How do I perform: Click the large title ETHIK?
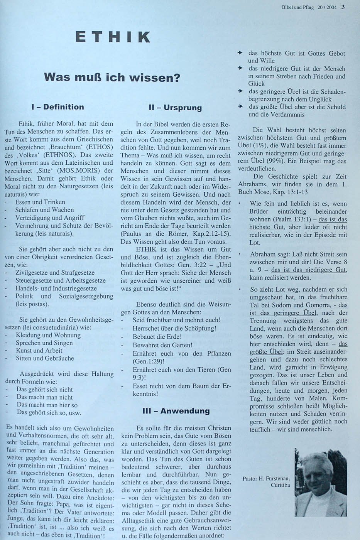click(113, 37)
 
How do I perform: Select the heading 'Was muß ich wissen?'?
click(112, 78)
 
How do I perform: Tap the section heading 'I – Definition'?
click(57, 107)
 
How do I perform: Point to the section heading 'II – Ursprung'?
click(175, 108)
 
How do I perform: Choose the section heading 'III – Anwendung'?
click(176, 411)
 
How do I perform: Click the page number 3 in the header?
click(343, 7)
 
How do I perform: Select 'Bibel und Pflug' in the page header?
click(297, 7)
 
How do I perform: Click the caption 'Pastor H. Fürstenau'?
click(266, 478)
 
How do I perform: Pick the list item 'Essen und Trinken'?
click(40, 202)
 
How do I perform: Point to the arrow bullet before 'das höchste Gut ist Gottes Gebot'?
click(240, 52)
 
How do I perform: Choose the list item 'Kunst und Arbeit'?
click(39, 350)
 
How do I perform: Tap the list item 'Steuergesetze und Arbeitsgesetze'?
click(60, 280)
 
